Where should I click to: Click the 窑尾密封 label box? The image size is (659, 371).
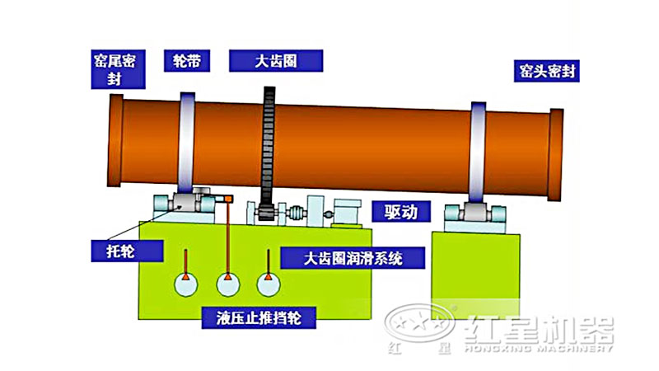tap(119, 69)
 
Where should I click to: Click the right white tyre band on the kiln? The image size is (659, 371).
tap(479, 153)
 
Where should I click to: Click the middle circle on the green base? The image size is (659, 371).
tap(228, 284)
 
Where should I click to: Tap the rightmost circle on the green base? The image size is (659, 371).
tap(268, 284)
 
